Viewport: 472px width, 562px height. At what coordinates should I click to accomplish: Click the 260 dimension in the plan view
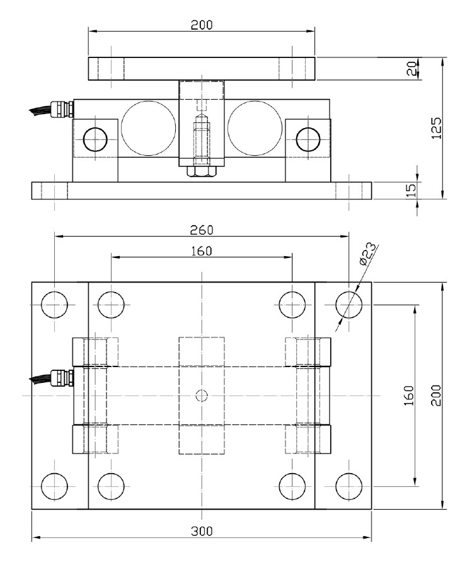coord(202,229)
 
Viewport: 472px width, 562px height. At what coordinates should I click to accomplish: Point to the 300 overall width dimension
coord(202,530)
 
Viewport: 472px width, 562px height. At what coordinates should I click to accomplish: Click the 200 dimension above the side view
coord(202,25)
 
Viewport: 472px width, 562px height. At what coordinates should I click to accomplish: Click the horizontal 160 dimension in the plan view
coord(202,250)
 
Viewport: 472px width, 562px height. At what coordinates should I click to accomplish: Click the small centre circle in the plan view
coord(202,395)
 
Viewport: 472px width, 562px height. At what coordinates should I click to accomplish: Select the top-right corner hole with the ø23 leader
coord(348,305)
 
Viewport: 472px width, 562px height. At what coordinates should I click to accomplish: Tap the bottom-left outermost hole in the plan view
coord(54,486)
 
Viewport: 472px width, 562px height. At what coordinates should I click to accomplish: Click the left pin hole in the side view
coord(95,138)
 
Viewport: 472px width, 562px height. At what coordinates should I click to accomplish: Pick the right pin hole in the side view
coord(308,138)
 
